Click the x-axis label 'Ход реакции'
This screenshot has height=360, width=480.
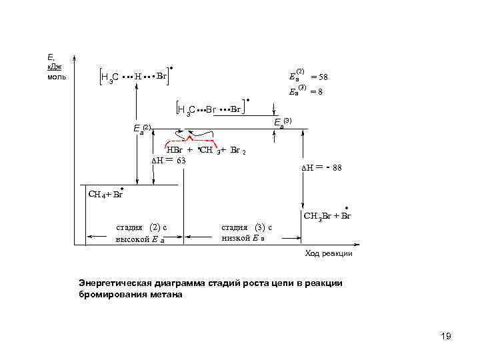329,253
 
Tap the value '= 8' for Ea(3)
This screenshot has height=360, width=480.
316,91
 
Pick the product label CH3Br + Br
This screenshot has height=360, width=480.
327,216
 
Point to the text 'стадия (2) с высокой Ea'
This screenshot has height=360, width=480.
141,233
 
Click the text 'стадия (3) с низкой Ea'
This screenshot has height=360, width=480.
246,233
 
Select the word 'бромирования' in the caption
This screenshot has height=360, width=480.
115,294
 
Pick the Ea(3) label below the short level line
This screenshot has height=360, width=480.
283,122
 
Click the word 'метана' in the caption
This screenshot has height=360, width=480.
167,294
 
